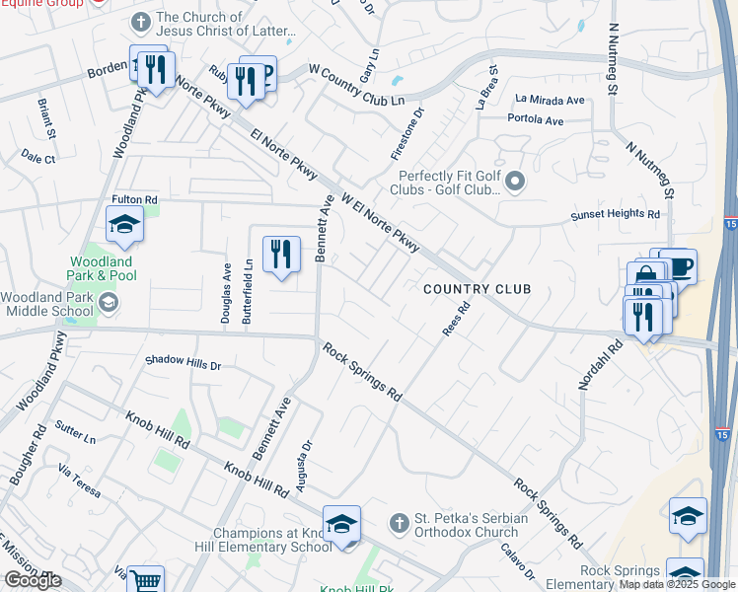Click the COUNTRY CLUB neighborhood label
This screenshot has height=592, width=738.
pyautogui.click(x=478, y=289)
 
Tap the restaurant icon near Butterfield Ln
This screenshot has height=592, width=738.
pyautogui.click(x=281, y=256)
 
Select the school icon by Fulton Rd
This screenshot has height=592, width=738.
pyautogui.click(x=125, y=226)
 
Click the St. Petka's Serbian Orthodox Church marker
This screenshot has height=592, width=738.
pyautogui.click(x=399, y=521)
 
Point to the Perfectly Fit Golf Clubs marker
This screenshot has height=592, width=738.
pyautogui.click(x=514, y=182)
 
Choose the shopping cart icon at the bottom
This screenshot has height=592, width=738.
pyautogui.click(x=146, y=581)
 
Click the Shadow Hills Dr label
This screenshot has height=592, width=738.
pyautogui.click(x=184, y=364)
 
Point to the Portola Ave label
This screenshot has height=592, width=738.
pyautogui.click(x=534, y=119)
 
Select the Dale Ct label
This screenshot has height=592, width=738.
pyautogui.click(x=38, y=158)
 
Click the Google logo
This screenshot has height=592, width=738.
pyautogui.click(x=33, y=580)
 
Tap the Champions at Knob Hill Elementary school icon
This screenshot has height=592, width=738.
pyautogui.click(x=341, y=524)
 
